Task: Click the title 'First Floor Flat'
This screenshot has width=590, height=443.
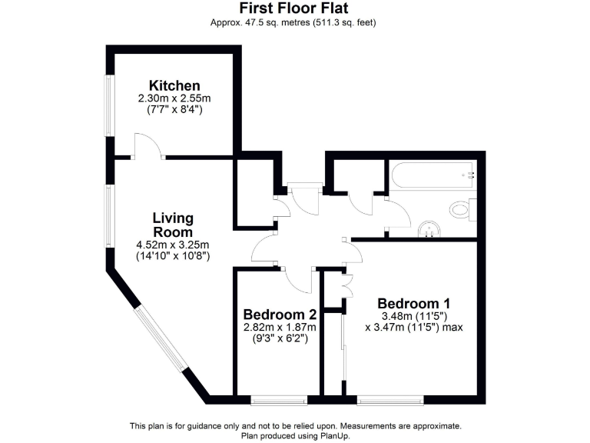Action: pos(294,8)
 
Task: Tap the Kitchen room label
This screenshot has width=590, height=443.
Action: pos(174,85)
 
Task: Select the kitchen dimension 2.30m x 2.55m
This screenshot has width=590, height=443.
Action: pos(174,98)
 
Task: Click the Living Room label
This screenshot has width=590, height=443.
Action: pos(172,225)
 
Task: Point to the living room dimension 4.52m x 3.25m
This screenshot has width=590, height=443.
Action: pos(172,245)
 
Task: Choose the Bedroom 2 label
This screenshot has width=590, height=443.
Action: pos(280,315)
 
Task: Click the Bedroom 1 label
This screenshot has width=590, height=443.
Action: pos(413,303)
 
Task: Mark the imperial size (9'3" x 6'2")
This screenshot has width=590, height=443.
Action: pos(280,338)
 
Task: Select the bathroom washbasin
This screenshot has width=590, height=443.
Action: pos(428,230)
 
